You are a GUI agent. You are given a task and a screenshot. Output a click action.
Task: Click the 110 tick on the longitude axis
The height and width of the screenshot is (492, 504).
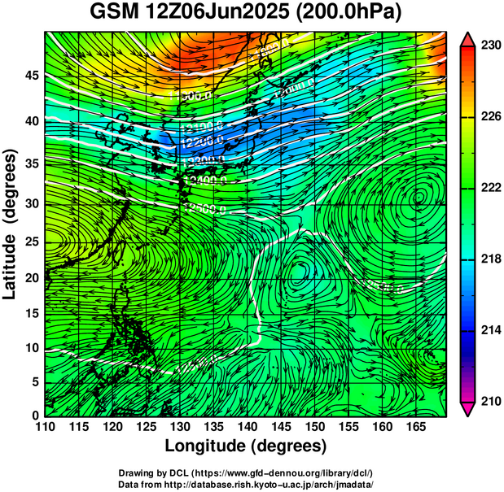coord(45,426)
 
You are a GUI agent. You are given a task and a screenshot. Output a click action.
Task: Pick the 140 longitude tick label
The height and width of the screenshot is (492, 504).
coord(246,426)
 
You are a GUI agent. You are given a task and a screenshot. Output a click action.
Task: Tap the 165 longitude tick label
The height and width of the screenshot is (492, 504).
coord(414,426)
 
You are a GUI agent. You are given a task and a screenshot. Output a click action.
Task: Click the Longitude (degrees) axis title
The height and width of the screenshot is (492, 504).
coord(246,446)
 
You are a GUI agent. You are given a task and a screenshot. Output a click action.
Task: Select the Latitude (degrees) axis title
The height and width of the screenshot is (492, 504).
coord(11,224)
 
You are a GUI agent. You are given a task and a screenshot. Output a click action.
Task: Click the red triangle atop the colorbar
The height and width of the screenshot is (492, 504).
coord(467,38)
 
